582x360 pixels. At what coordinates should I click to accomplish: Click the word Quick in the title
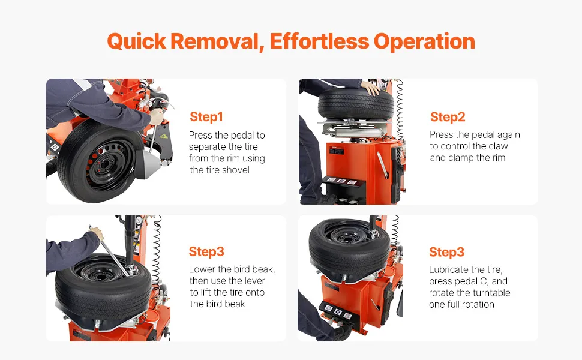[x=137, y=41]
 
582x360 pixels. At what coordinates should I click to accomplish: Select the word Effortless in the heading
[x=319, y=41]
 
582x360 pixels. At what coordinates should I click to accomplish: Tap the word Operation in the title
[x=424, y=41]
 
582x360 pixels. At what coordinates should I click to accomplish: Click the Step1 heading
[x=206, y=117]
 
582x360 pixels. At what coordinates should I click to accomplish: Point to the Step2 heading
[x=448, y=117]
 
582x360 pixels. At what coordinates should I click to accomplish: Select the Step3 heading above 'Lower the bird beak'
[x=206, y=251]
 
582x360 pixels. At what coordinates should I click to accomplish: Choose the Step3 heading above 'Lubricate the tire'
[x=446, y=252]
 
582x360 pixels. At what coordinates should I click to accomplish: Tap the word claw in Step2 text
[x=498, y=146]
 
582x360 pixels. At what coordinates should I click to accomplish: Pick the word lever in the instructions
[x=254, y=281]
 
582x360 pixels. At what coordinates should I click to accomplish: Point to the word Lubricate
[x=448, y=269]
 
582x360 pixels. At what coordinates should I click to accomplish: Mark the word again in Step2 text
[x=509, y=135]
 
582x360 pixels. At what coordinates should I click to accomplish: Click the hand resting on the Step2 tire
[x=370, y=88]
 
